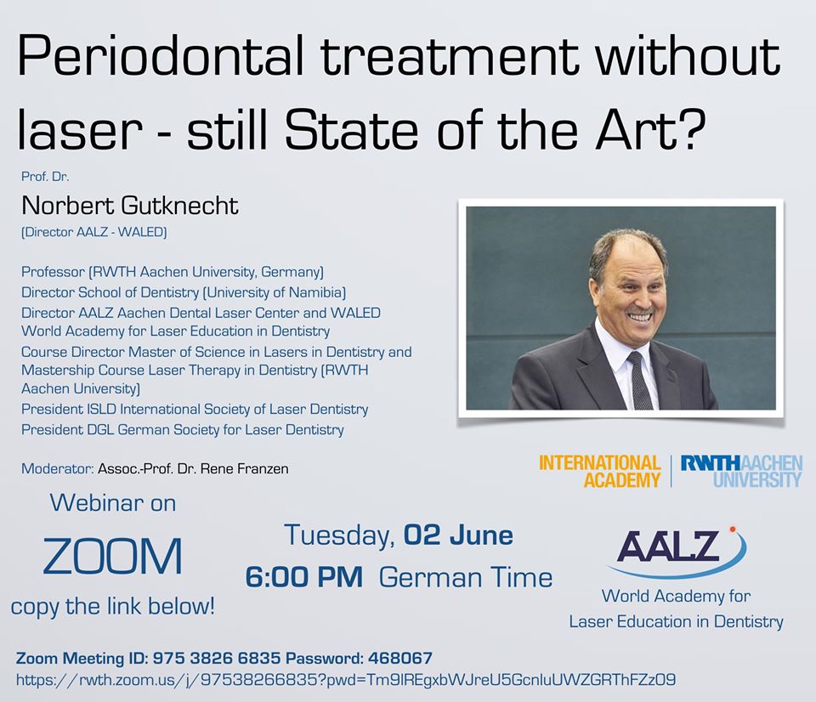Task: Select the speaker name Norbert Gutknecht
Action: pyautogui.click(x=129, y=206)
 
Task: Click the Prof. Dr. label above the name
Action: pyautogui.click(x=45, y=177)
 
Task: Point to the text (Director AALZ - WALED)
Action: pyautogui.click(x=93, y=232)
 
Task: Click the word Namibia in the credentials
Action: pyautogui.click(x=317, y=292)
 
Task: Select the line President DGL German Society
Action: pyautogui.click(x=182, y=430)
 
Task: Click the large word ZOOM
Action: pyautogui.click(x=112, y=557)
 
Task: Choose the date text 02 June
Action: pyautogui.click(x=458, y=535)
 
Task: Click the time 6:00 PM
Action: pyautogui.click(x=304, y=578)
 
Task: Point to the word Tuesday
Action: pyautogui.click(x=339, y=536)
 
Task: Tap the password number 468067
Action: pyautogui.click(x=400, y=659)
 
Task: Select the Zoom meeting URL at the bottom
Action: pyautogui.click(x=346, y=680)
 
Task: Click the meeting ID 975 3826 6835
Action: pyautogui.click(x=217, y=659)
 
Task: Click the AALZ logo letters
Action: pyautogui.click(x=669, y=546)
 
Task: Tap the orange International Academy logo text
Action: pyautogui.click(x=599, y=471)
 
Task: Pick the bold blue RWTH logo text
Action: pyautogui.click(x=711, y=462)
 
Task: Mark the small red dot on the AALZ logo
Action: pyautogui.click(x=733, y=529)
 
